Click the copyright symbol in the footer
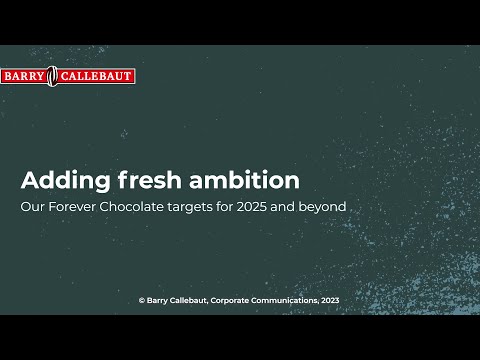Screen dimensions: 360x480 coord(141,299)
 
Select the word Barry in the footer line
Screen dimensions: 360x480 coord(157,299)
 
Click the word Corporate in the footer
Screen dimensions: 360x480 coord(237,299)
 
